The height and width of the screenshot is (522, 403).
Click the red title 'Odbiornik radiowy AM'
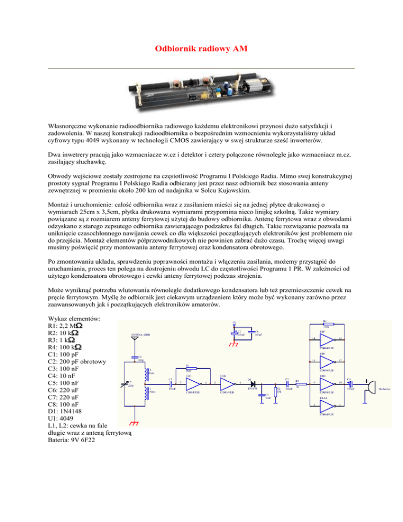[201, 49]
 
